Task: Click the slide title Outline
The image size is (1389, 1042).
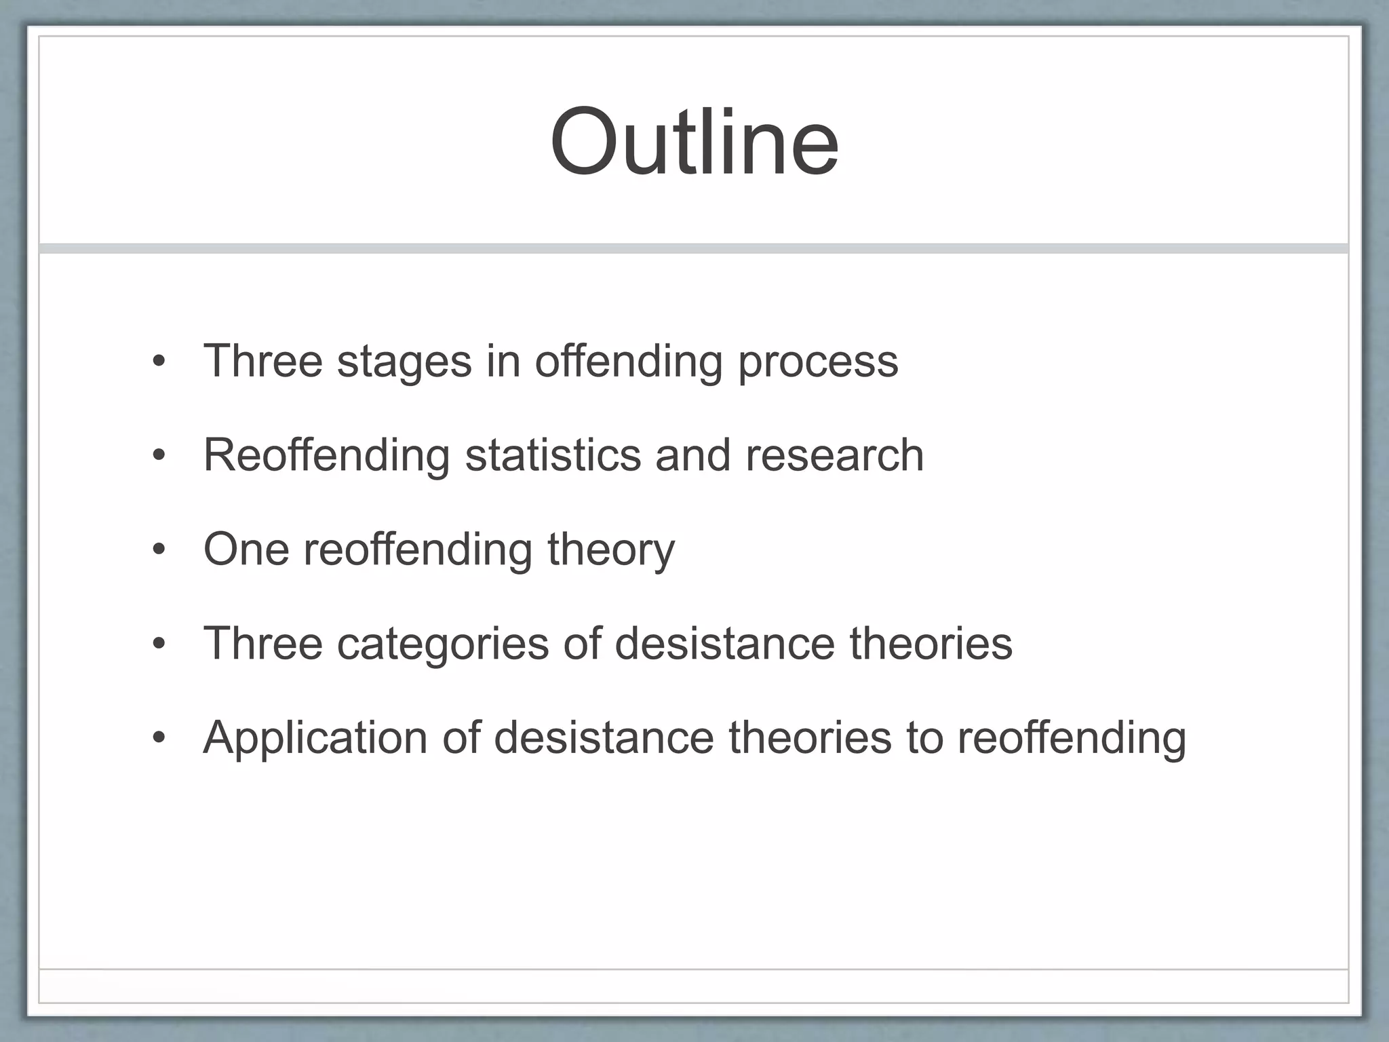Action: (x=694, y=142)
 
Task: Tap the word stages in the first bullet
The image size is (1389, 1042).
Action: (x=404, y=362)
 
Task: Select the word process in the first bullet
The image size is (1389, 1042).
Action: (x=818, y=362)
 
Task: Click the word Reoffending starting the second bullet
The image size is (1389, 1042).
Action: (x=326, y=455)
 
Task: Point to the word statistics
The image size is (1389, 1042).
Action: (x=553, y=455)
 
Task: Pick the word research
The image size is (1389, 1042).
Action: (x=834, y=455)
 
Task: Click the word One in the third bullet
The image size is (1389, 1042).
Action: (x=246, y=549)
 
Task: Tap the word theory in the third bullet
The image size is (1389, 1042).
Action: (x=611, y=550)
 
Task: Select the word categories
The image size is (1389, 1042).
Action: (x=443, y=644)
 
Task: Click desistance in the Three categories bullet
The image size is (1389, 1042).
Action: (x=724, y=643)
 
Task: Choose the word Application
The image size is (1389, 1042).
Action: (x=315, y=738)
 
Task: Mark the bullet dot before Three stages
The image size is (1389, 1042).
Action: (x=159, y=362)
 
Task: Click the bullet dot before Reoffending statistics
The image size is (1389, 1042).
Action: (x=159, y=456)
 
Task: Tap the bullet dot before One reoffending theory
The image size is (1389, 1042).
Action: (x=159, y=549)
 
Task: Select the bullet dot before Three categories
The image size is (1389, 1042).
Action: (x=159, y=644)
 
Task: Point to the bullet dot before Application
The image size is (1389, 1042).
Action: (x=159, y=737)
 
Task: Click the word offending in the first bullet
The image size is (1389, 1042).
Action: (x=629, y=362)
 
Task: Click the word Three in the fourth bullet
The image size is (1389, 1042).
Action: (x=263, y=643)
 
